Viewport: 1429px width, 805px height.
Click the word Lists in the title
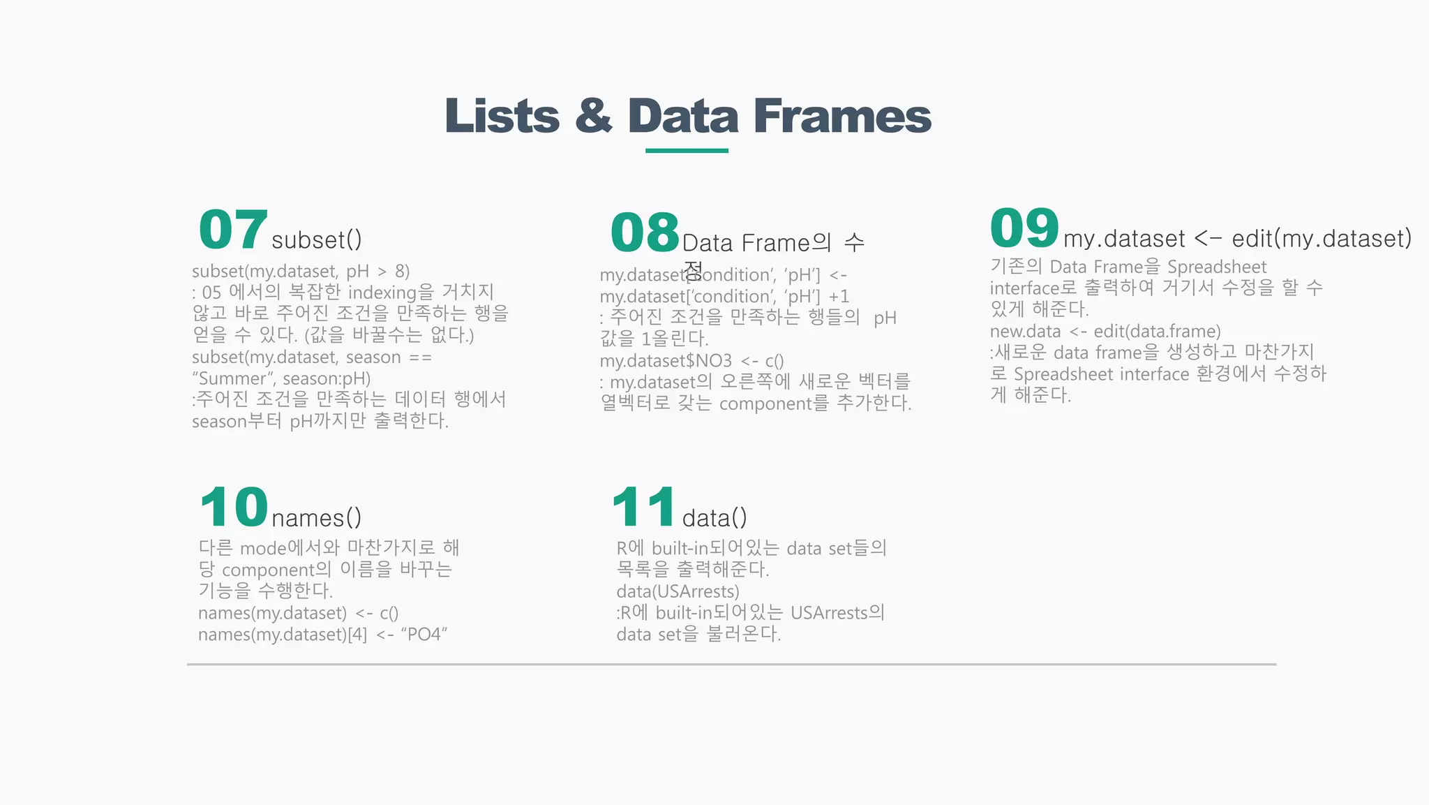[502, 116]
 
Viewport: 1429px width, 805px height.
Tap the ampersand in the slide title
[594, 116]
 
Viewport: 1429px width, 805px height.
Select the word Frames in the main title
[842, 116]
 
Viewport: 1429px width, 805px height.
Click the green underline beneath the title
[687, 150]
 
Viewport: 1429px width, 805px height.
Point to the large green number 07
[233, 230]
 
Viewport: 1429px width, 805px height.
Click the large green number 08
[645, 232]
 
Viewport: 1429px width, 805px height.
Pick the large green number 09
[1024, 228]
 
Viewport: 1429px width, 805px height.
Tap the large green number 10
[233, 508]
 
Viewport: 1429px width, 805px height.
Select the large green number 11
[643, 508]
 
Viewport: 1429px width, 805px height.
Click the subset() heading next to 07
[317, 240]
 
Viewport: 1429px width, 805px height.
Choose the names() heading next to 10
[317, 518]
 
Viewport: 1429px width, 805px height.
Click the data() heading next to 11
[714, 518]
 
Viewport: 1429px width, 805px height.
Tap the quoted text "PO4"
[424, 634]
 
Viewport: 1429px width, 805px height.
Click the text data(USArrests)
[678, 591]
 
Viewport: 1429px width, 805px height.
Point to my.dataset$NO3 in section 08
[666, 361]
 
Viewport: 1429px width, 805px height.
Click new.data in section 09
[1025, 331]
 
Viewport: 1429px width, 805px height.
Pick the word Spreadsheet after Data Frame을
[1217, 267]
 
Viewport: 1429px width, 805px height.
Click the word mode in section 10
[263, 548]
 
